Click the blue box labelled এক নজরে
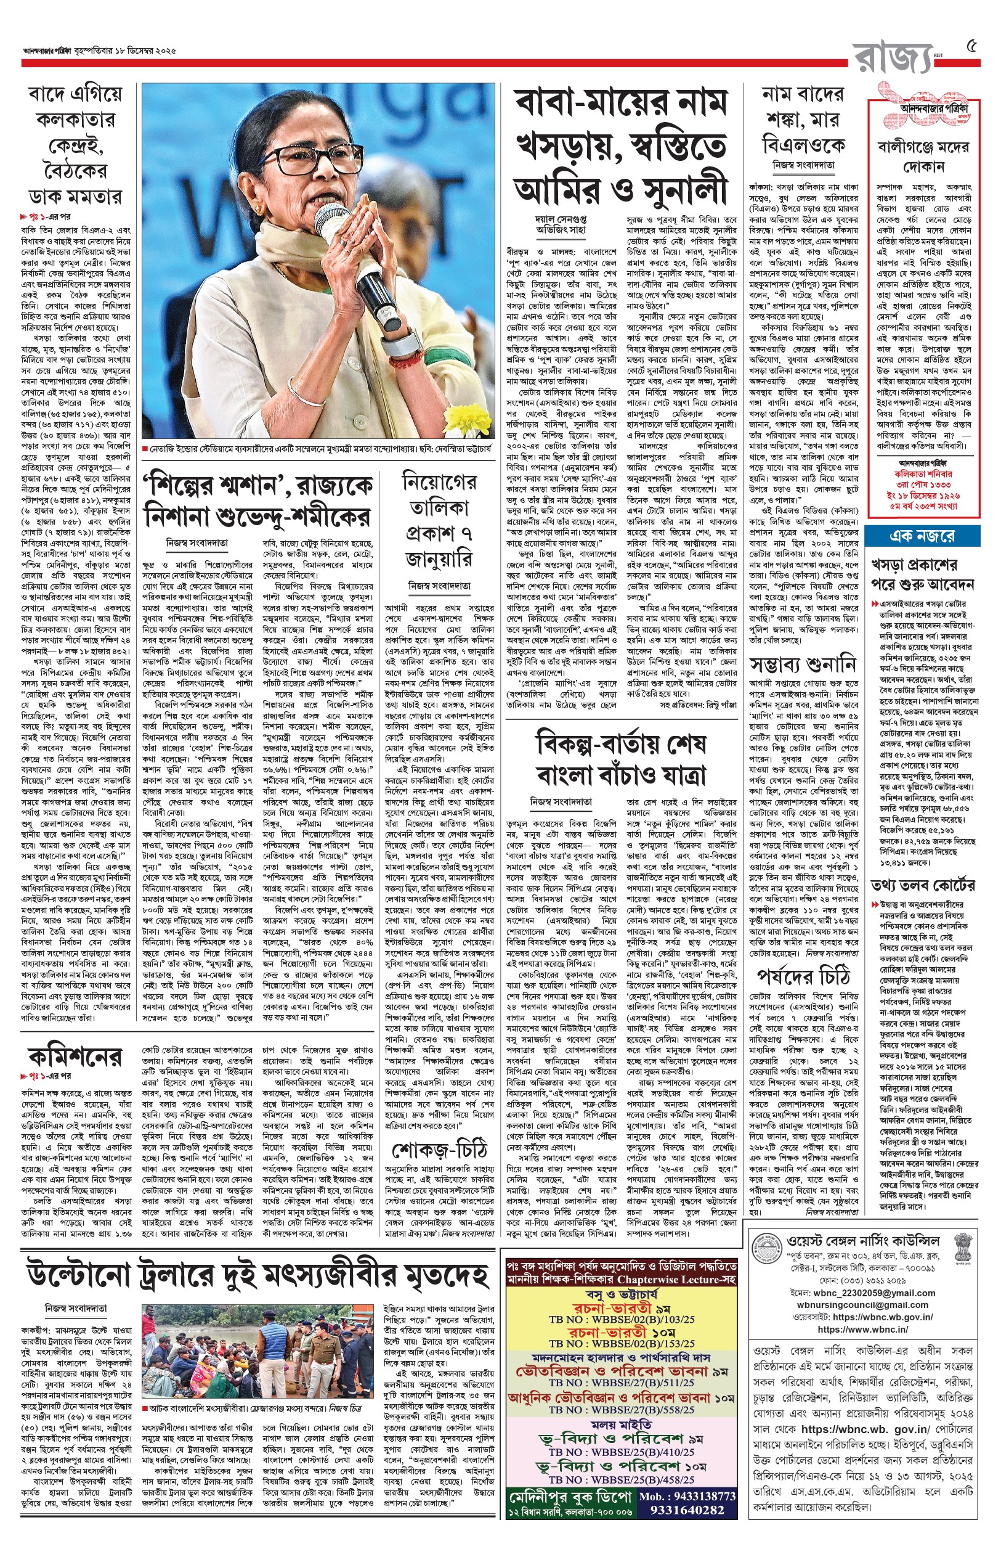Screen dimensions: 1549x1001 coord(922,536)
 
